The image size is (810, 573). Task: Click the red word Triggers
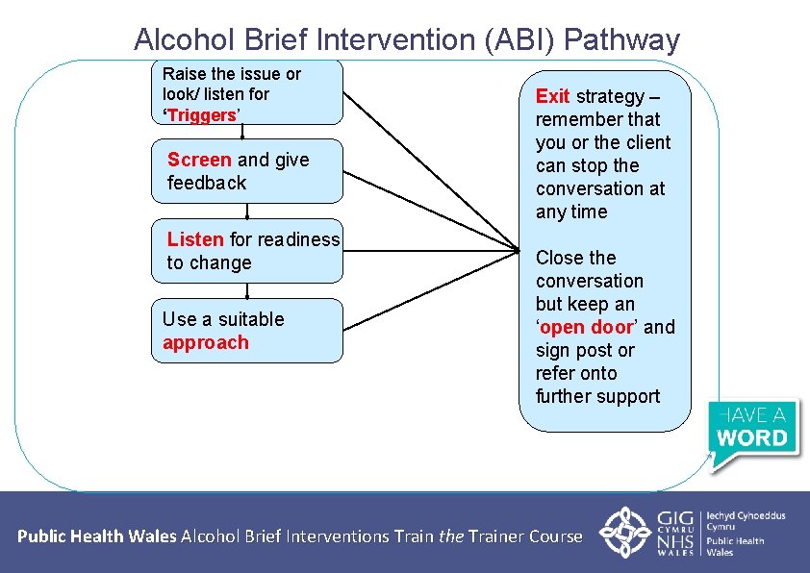[202, 115]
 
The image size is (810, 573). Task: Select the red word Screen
[199, 160]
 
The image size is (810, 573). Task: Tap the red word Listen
[195, 239]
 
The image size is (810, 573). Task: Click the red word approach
[206, 342]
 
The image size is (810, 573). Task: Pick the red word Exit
[553, 96]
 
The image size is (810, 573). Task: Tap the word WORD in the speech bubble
[753, 438]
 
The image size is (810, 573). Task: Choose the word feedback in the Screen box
[207, 183]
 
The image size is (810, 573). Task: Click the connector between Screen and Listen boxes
[246, 212]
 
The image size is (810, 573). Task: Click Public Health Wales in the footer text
[97, 536]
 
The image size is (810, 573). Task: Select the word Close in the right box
[561, 258]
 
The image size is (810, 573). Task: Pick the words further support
[597, 396]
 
